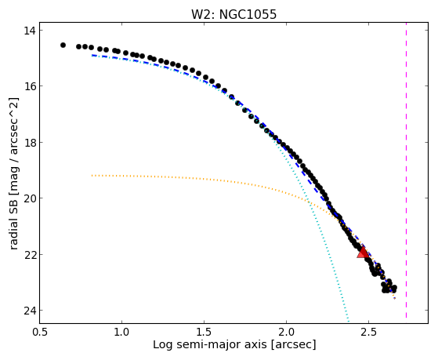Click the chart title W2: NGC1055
coord(233,14)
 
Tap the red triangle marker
coord(363,253)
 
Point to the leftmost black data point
coord(63,45)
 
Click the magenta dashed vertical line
coord(406,170)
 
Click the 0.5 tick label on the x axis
coord(40,332)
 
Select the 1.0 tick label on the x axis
coord(121,332)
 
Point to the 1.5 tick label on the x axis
coord(205,332)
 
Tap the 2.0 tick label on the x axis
coord(286,332)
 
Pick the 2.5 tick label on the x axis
coord(369,332)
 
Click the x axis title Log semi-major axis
coord(209,345)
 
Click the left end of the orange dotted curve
coord(92,176)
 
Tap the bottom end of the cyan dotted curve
coord(349,321)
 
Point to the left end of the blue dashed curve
coord(92,56)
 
